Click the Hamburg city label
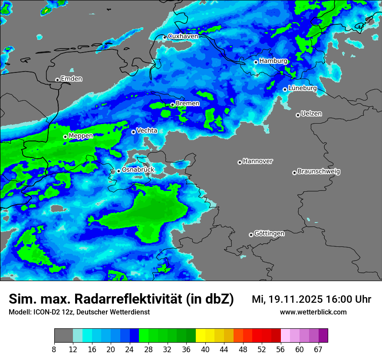point(273,61)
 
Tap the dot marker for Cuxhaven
point(165,37)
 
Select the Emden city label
point(71,79)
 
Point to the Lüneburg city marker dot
point(285,89)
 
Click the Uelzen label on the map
point(311,114)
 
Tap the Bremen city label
point(188,104)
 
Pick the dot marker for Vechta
point(133,132)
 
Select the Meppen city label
point(81,136)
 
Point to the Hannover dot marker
point(240,162)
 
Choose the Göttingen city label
point(269,234)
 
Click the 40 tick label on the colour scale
point(205,350)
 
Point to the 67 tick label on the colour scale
point(318,350)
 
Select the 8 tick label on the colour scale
point(54,350)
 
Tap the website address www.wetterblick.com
point(313,312)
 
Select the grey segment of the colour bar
point(63,336)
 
